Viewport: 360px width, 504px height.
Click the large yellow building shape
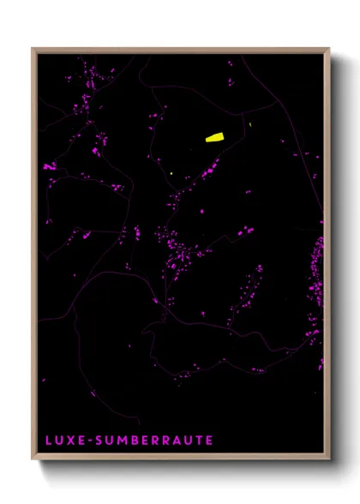coord(213,135)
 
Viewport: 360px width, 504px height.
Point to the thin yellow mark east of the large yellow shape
coord(250,125)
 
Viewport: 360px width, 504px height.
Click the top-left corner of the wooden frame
coord(33,49)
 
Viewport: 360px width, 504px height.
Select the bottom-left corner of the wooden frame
coord(33,460)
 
